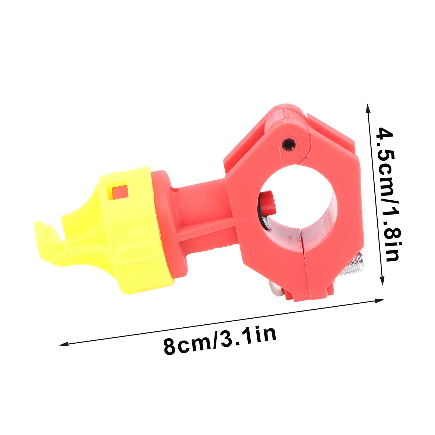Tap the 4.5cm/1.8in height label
pos(388,195)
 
